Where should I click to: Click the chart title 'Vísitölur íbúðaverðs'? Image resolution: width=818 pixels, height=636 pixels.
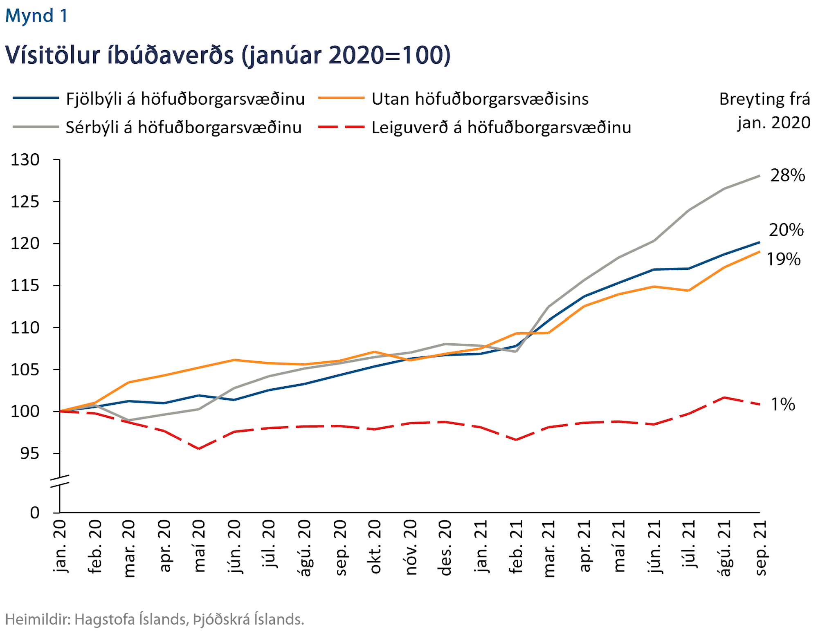[x=227, y=55]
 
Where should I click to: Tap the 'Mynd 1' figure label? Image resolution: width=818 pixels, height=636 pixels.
[x=36, y=16]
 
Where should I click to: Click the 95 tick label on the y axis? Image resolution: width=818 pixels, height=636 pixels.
[x=30, y=453]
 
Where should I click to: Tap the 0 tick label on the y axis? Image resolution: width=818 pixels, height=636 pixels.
[x=35, y=513]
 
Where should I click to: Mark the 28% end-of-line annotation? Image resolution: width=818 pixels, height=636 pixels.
[x=787, y=175]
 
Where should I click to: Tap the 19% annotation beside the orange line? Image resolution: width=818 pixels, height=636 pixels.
[x=783, y=260]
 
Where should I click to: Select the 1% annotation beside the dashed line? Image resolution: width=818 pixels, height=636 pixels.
[x=783, y=405]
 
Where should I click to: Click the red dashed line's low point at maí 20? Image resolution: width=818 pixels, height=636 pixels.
[x=199, y=448]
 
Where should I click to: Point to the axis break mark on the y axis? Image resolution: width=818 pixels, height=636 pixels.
[x=60, y=481]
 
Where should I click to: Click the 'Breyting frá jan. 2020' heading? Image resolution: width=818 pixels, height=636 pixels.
[x=765, y=111]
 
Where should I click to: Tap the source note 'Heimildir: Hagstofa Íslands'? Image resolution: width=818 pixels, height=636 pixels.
[x=155, y=620]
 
